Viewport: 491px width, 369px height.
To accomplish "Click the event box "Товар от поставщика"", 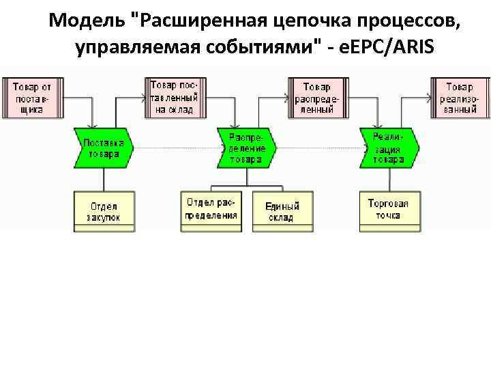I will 32,98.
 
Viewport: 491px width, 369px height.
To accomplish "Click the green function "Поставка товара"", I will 103,148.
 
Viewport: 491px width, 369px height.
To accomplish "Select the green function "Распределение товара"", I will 245,148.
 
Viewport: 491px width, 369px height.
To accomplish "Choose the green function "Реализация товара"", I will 389,148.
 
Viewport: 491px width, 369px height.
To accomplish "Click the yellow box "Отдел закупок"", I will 103,211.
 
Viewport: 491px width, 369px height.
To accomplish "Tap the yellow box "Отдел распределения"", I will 211,209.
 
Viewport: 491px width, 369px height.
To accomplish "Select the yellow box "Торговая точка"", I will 389,209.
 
